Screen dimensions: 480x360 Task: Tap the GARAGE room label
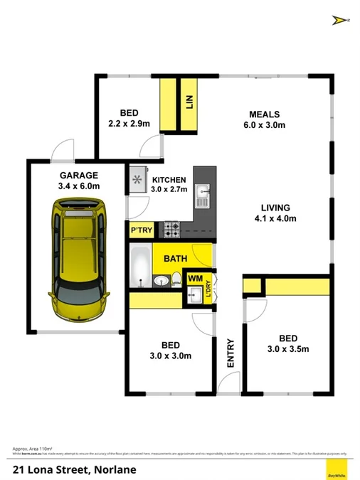pos(79,175)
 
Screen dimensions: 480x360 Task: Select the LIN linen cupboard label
pos(189,104)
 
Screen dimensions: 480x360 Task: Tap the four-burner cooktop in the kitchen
pos(172,230)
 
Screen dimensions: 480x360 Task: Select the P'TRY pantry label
pos(139,231)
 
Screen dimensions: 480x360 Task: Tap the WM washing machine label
pos(194,278)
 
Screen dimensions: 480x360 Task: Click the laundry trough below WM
pos(194,296)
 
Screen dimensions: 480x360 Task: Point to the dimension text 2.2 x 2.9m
pos(129,123)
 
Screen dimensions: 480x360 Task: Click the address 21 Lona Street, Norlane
pos(75,469)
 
